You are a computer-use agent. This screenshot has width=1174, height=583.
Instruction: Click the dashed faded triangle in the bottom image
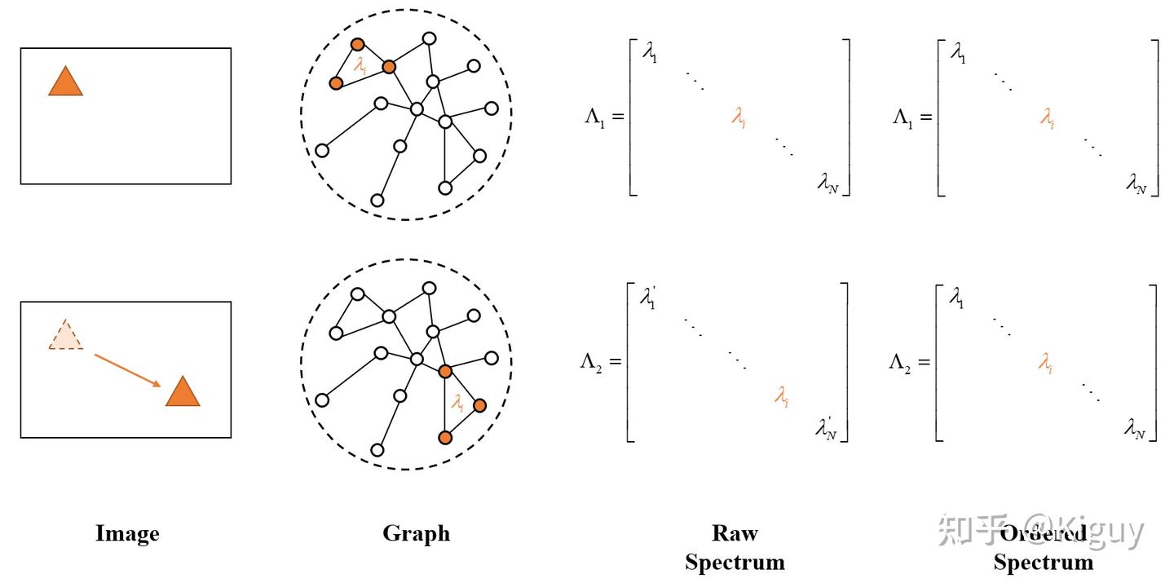click(65, 336)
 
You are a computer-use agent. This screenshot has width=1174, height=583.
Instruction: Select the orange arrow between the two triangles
click(127, 370)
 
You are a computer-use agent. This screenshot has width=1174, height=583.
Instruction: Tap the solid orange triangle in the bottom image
click(183, 393)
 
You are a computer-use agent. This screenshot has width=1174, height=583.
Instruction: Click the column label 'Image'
click(127, 534)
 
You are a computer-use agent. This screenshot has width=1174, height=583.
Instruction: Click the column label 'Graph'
click(416, 534)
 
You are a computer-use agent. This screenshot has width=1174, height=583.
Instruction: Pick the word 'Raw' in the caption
click(735, 534)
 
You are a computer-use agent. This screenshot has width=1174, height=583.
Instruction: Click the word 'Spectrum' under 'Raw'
click(735, 562)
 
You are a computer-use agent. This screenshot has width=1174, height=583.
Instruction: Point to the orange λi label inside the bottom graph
click(458, 402)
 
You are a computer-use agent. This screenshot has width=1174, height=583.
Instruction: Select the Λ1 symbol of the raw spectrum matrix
click(598, 117)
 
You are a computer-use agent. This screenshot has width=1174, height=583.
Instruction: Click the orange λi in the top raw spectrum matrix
click(739, 119)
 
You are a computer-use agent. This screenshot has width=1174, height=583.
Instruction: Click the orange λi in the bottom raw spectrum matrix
click(781, 397)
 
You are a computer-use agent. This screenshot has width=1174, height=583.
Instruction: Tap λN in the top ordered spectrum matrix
click(1136, 185)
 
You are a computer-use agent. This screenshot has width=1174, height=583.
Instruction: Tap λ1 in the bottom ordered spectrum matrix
click(956, 298)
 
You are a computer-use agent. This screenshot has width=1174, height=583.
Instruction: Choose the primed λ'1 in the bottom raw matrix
click(648, 298)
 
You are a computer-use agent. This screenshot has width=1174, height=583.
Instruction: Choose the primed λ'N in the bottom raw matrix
click(827, 428)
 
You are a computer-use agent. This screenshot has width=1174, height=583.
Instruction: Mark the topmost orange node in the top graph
click(357, 45)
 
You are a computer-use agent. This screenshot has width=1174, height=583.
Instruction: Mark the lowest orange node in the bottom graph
click(445, 438)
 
